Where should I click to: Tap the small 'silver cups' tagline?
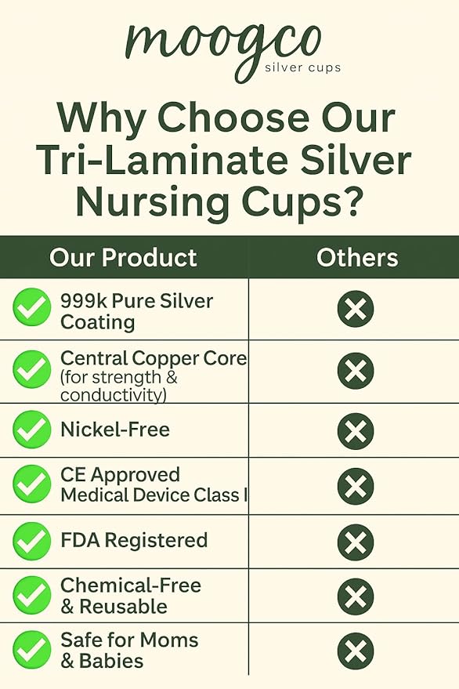[x=302, y=68]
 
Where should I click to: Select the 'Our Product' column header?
[x=123, y=258]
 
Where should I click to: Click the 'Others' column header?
[x=357, y=258]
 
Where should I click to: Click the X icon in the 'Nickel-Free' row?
[x=356, y=431]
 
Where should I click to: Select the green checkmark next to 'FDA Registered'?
[x=32, y=542]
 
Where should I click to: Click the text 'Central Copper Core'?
[x=154, y=359]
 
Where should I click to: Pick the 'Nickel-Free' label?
[x=115, y=430]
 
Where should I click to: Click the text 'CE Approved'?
[x=120, y=475]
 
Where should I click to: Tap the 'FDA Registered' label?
[x=134, y=540]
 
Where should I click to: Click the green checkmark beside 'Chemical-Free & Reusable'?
[x=32, y=596]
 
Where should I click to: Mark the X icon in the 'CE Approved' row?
[x=356, y=486]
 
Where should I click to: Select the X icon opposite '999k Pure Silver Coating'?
[x=356, y=309]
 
